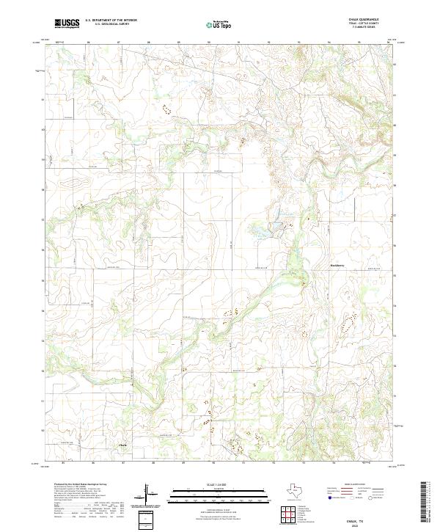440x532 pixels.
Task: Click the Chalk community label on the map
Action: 122,444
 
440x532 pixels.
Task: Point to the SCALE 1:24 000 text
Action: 219,485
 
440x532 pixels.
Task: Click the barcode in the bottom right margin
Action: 424,506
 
